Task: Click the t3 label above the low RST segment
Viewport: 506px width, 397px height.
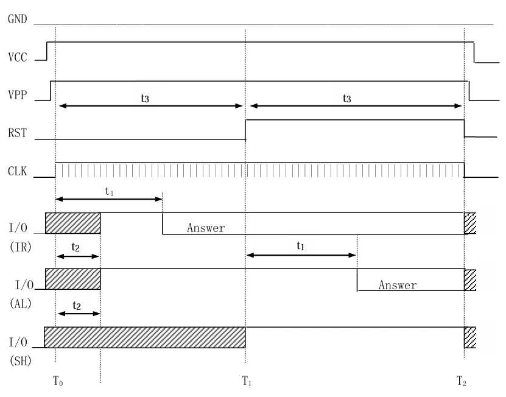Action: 145,98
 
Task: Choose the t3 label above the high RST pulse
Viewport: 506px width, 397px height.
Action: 347,98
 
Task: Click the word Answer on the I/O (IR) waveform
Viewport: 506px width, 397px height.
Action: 206,228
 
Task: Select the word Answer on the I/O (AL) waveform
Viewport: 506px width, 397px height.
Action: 398,285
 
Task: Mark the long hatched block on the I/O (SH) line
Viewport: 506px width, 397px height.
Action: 145,337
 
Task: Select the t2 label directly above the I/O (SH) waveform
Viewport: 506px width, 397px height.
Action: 77,304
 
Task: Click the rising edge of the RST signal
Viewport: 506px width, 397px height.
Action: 245,130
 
